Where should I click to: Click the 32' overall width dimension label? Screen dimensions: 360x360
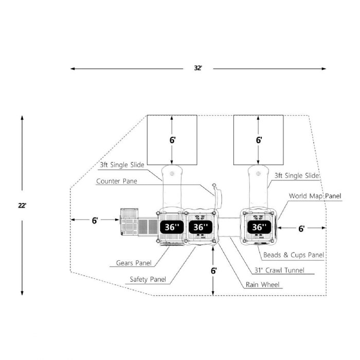198,68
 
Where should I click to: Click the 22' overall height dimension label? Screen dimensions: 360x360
22,206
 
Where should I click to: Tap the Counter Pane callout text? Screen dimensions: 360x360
117,181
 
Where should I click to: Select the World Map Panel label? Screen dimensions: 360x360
315,196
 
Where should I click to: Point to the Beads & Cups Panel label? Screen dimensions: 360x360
294,255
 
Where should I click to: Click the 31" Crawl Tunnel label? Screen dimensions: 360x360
279,270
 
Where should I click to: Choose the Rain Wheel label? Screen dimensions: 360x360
262,285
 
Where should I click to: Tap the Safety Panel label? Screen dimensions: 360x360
148,279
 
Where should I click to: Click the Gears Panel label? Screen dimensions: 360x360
134,263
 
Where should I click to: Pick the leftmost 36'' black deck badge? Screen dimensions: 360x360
172,227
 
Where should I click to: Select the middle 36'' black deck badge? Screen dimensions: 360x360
201,227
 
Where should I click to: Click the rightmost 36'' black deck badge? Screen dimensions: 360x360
259,227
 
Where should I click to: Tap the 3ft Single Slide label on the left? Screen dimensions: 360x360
122,165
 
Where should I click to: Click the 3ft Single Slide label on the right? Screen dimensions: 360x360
297,176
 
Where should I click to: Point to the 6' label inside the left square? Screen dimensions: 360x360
172,140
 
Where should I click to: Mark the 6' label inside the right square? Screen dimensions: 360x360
259,140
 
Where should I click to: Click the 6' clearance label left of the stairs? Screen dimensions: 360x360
95,221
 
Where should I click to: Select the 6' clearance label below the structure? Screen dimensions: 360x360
214,271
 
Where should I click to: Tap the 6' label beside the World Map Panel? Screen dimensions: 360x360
301,229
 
